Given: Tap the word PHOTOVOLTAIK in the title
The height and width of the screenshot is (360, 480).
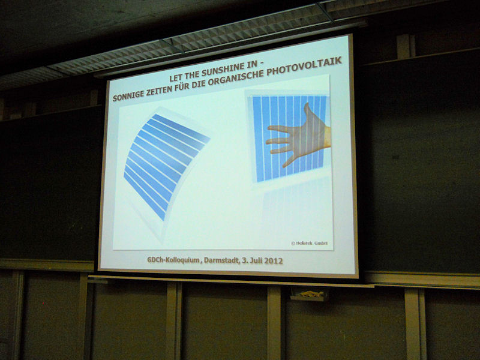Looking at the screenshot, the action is coord(304,66).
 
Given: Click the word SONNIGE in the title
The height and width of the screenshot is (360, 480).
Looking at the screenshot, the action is coord(128,95).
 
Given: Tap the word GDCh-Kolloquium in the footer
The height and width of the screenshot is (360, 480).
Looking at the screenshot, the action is coord(173,260).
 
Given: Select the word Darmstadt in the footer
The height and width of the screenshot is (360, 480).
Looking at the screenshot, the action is coord(221,260).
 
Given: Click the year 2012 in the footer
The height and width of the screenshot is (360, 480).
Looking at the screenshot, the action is coord(274,261).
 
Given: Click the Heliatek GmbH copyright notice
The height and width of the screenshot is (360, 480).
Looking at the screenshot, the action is coord(309,243).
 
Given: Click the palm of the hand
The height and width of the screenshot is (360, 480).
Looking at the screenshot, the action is coord(309,138).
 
